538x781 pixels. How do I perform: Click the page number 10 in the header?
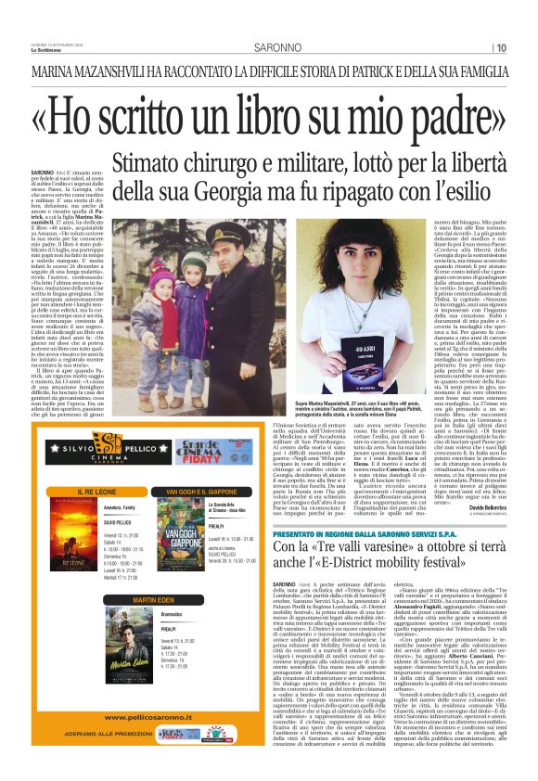(x=501, y=48)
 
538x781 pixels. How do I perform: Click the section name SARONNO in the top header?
(x=274, y=48)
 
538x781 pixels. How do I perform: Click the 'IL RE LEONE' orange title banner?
(x=96, y=491)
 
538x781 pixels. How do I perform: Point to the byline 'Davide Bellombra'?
(x=484, y=508)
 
